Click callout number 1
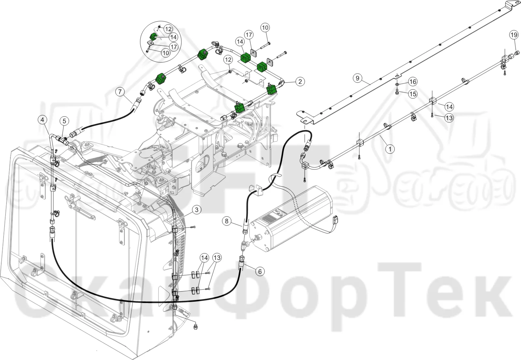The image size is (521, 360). click(x=390, y=149)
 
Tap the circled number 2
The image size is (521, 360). click(x=300, y=81)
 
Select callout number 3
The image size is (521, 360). click(x=197, y=210)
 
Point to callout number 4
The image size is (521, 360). click(x=42, y=120)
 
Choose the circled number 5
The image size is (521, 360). click(x=64, y=121)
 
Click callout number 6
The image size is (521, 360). click(x=260, y=271)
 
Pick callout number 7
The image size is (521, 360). click(x=120, y=92)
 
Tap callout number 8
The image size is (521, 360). click(x=227, y=221)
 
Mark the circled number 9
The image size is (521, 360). click(x=358, y=78)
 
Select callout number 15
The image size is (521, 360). click(x=413, y=94)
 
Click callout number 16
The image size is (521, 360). click(x=413, y=82)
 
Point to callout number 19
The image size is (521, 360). click(x=514, y=35)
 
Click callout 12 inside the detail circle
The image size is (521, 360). click(x=168, y=29)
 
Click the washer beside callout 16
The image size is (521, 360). click(x=397, y=84)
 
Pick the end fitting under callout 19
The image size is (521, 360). click(x=516, y=53)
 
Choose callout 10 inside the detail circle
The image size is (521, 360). click(x=166, y=53)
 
